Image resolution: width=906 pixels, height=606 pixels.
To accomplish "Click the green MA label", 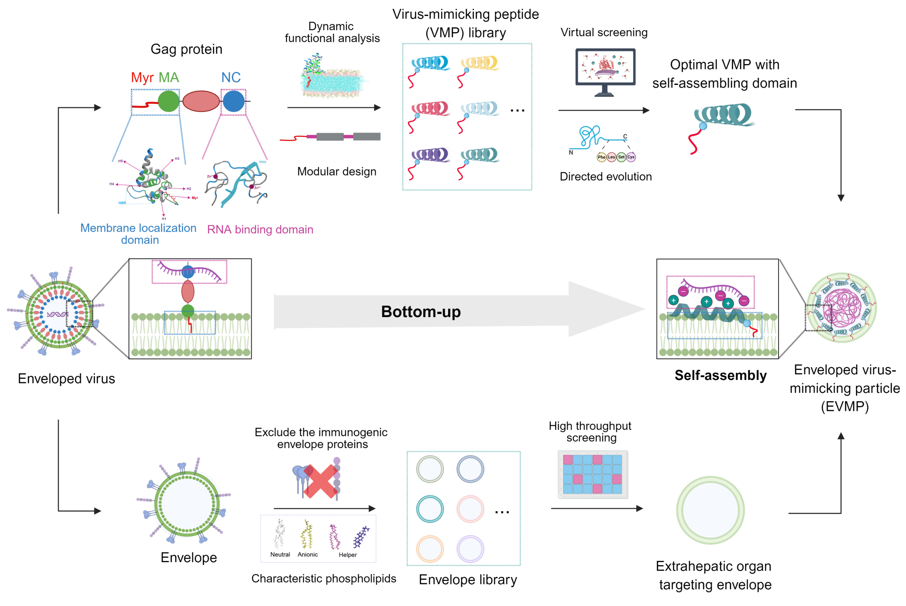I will click(169, 78).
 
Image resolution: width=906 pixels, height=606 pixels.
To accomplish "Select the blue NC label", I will click(231, 78).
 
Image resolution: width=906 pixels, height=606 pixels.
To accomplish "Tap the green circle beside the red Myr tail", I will click(168, 101).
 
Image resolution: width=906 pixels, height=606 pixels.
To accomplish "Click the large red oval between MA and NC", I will click(201, 101).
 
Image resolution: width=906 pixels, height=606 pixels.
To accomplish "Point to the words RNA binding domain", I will click(260, 230).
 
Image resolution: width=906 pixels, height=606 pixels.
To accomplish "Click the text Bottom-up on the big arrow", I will click(421, 312).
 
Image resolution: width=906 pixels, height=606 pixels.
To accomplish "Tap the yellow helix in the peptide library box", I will click(481, 63).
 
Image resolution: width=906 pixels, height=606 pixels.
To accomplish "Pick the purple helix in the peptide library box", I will click(432, 155).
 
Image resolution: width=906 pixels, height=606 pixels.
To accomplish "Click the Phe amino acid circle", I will click(601, 157).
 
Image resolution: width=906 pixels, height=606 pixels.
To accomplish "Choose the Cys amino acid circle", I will click(631, 157).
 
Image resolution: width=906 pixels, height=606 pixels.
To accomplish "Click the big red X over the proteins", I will click(321, 481).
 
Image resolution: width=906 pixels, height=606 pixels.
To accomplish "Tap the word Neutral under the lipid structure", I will click(280, 554).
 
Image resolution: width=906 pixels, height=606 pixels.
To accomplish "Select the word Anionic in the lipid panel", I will click(307, 554).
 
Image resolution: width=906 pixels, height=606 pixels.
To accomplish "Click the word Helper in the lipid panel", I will click(348, 555).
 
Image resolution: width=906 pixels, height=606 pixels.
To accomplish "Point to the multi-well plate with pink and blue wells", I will click(593, 475).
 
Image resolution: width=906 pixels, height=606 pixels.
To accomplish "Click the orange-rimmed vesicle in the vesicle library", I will click(430, 549).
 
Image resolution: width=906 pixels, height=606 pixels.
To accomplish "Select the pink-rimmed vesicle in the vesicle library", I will click(470, 509).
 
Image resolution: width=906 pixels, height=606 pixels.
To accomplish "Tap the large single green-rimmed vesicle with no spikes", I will click(710, 510).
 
